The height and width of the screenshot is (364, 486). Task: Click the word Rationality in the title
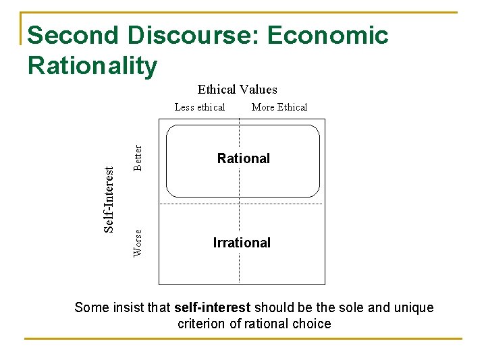pos(92,65)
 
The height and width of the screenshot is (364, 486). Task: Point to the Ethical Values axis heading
pos(237,90)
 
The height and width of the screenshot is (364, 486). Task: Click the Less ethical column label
pos(200,107)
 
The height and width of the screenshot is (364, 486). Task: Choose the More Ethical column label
pos(279,107)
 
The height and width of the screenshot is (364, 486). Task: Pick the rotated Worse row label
pos(138,243)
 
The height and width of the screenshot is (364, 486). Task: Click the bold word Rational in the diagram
pos(243,158)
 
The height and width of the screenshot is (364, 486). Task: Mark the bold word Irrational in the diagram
pos(242,243)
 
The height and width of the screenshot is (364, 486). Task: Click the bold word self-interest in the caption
pos(213,308)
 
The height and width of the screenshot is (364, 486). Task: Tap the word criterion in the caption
pos(202,324)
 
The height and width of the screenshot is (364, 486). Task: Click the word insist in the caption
pos(128,308)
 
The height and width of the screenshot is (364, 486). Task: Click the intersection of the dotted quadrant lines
pos(240,204)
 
